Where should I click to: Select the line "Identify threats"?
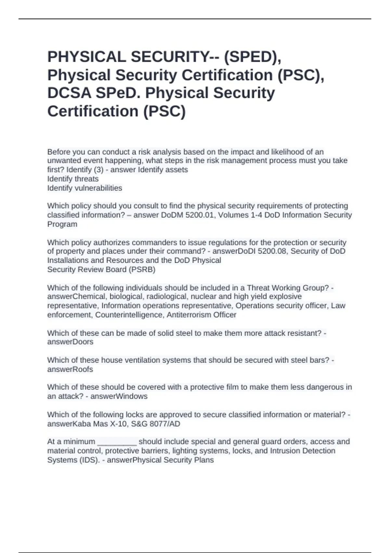click(73, 179)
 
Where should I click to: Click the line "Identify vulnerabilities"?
click(84, 188)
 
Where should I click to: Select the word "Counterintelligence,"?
click(130, 315)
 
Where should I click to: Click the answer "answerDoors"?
click(70, 342)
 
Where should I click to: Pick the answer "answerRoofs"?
click(70, 369)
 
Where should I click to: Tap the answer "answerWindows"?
click(119, 396)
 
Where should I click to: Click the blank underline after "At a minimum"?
click(117, 442)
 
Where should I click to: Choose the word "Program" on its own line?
click(62, 224)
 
